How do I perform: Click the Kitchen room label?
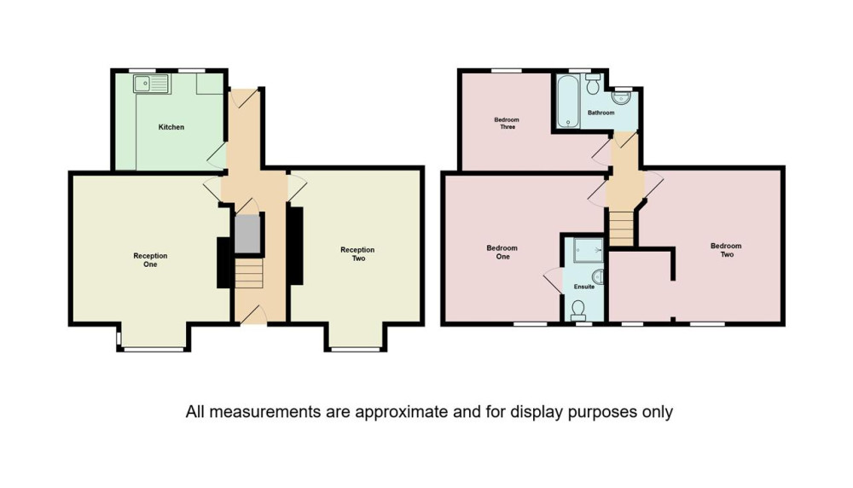[x=171, y=127]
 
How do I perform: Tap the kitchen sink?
[x=152, y=84]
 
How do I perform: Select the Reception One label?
[x=150, y=260]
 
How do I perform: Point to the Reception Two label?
[x=357, y=254]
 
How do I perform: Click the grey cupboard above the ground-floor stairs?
[x=247, y=234]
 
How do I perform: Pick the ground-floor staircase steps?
[x=249, y=273]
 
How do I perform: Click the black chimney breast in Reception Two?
[x=295, y=246]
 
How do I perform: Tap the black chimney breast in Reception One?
[x=223, y=263]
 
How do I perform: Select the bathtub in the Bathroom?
[x=568, y=102]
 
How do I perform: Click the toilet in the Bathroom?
[x=593, y=84]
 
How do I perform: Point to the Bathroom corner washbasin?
[x=621, y=97]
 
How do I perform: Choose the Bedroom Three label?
[x=507, y=124]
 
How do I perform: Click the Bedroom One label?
[x=502, y=253]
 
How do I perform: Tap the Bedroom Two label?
[x=726, y=250]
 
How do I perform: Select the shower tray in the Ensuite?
[x=588, y=250]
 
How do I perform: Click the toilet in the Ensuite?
[x=579, y=311]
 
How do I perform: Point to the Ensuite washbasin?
[x=598, y=277]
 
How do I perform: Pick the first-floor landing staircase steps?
[x=621, y=229]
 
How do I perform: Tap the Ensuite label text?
[x=583, y=287]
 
